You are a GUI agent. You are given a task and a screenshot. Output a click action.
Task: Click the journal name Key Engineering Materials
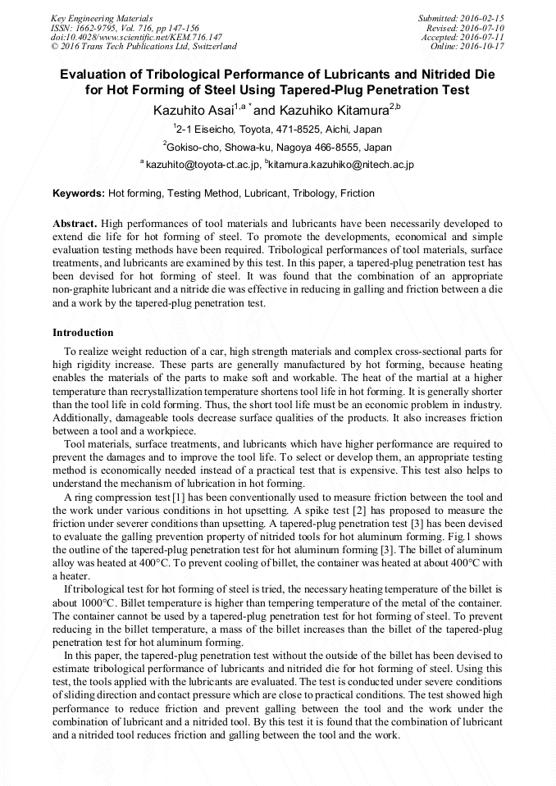click(x=102, y=17)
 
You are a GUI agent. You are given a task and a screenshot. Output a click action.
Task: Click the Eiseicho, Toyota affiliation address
click(x=279, y=129)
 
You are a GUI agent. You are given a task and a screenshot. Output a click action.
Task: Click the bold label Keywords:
click(x=79, y=193)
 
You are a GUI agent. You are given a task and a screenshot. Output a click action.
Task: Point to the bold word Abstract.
click(x=75, y=223)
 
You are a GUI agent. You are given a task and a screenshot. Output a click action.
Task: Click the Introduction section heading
click(x=83, y=333)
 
